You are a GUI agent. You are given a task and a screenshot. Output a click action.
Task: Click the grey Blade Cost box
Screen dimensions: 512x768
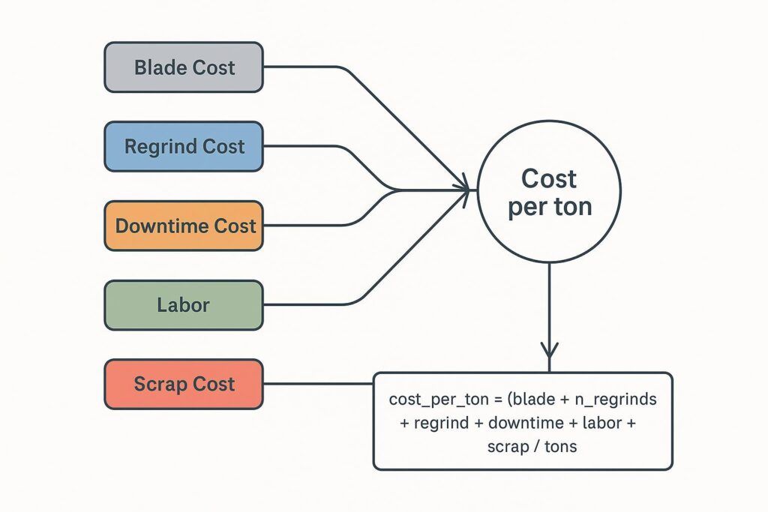[184, 67]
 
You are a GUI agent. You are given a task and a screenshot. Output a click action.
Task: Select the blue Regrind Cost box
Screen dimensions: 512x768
[184, 147]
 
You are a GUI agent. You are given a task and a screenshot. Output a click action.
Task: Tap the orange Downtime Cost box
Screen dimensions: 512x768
[184, 226]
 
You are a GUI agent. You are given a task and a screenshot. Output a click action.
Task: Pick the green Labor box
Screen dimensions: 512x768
[184, 305]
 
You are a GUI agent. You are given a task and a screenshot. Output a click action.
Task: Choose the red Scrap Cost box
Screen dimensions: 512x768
[184, 385]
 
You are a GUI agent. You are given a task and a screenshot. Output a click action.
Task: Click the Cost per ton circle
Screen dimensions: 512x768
[549, 191]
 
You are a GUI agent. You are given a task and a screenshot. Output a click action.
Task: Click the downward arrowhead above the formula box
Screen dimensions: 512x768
[550, 349]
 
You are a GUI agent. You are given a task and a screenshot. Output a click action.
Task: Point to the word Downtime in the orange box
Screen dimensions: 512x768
[160, 226]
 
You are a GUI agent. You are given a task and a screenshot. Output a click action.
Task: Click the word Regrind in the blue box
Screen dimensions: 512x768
[159, 147]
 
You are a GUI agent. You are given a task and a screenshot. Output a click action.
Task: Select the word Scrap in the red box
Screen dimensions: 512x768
[159, 385]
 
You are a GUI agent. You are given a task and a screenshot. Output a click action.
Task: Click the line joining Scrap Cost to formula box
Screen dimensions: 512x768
[318, 385]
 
